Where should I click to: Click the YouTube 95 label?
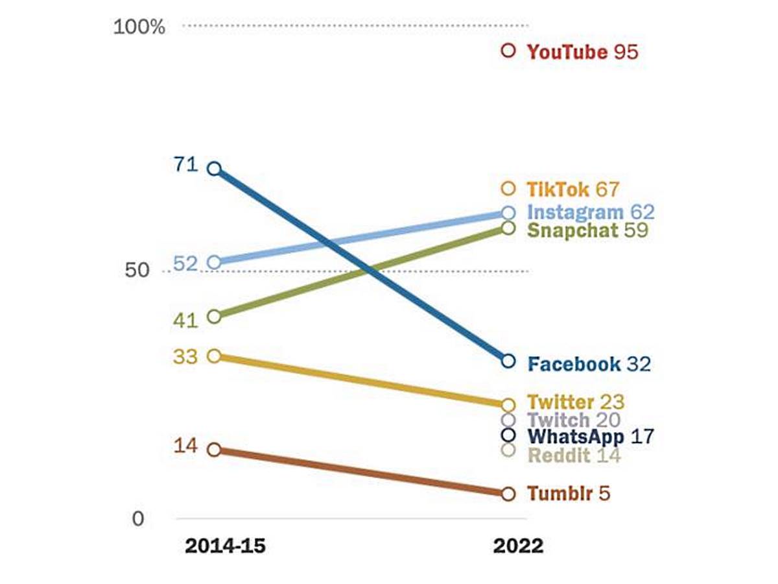click(x=582, y=52)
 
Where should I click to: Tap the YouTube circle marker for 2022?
click(x=508, y=50)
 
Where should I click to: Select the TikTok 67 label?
click(x=572, y=189)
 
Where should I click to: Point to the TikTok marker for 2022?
click(x=508, y=189)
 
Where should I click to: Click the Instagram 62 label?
click(x=590, y=212)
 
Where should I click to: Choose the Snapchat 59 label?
click(x=587, y=230)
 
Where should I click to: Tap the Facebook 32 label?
click(x=589, y=364)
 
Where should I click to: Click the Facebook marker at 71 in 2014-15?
click(x=215, y=169)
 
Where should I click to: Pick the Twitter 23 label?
click(x=576, y=402)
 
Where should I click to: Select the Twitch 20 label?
click(x=574, y=420)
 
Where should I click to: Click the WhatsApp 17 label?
click(x=590, y=437)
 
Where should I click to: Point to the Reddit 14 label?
click(x=574, y=456)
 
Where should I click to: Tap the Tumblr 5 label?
click(x=569, y=494)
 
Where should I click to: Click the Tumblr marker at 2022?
click(x=508, y=494)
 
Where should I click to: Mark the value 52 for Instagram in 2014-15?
click(x=185, y=264)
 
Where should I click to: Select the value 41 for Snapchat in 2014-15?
click(x=185, y=321)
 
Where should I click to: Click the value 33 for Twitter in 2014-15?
click(x=185, y=357)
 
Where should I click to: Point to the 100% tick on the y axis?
click(x=139, y=27)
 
